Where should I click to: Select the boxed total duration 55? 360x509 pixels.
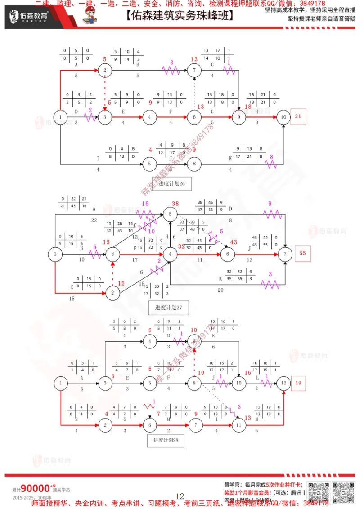click(x=302, y=254)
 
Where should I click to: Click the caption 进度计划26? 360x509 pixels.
click(x=169, y=183)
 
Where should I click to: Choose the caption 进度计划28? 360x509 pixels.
click(x=163, y=441)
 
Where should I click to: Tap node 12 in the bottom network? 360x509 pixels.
click(x=283, y=384)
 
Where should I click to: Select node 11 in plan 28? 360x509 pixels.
click(x=238, y=425)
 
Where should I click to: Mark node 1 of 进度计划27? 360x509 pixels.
click(x=55, y=254)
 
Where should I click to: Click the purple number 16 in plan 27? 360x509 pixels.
click(x=145, y=204)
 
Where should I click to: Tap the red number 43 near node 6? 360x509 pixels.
click(x=233, y=242)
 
